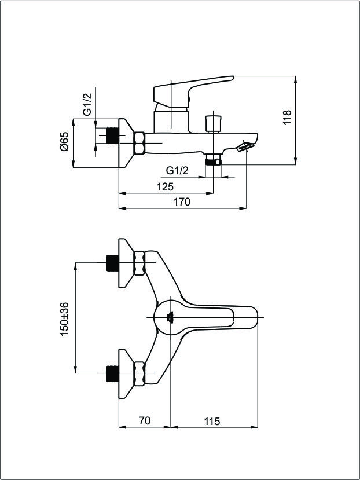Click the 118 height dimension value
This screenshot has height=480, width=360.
[x=287, y=117]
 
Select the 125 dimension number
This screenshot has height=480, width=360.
[x=166, y=186]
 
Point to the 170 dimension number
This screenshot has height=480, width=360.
[x=182, y=201]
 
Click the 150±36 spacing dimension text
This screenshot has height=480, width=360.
[x=65, y=319]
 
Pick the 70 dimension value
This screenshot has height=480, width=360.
[x=145, y=420]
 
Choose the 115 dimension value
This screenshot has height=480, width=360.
[x=212, y=421]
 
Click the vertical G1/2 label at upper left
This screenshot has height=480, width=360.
[x=87, y=104]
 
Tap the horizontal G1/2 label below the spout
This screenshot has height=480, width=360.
[x=177, y=170]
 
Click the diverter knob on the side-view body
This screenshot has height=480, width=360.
[x=214, y=123]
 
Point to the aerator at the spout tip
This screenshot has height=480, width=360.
[x=246, y=146]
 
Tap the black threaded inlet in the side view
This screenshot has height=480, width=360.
[x=112, y=135]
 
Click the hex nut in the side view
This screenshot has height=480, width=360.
[x=139, y=143]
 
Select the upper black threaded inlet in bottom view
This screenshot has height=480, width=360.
[x=112, y=263]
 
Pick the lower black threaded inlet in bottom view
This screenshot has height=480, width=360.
[x=112, y=373]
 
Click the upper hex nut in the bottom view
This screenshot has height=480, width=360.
[x=139, y=263]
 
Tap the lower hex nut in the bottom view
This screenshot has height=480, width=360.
[x=139, y=373]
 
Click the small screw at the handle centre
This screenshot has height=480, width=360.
[x=170, y=317]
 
